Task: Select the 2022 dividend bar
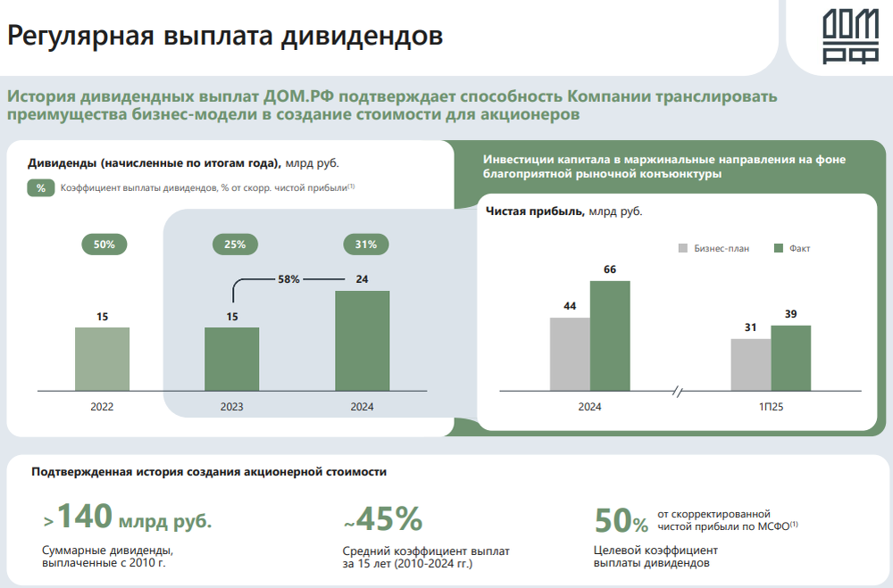tap(102, 359)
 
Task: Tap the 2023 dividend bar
tap(232, 359)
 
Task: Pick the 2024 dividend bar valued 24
tap(362, 341)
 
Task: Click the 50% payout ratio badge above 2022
tap(104, 244)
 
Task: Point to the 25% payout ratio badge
tap(235, 244)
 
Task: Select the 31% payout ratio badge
tap(365, 244)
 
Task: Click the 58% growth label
tap(288, 279)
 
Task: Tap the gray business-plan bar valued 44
tap(570, 354)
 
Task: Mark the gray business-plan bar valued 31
tap(750, 364)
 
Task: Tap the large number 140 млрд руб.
tap(128, 517)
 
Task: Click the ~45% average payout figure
tap(382, 518)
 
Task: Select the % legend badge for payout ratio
tap(41, 188)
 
